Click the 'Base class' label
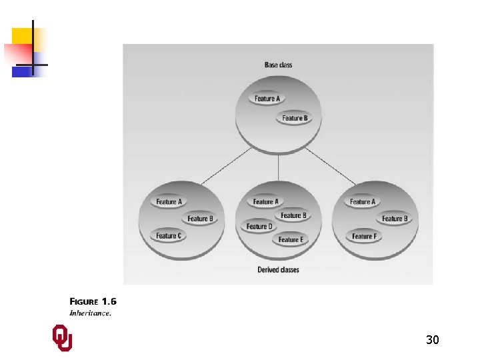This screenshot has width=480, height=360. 278,65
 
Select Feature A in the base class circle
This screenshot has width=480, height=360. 268,99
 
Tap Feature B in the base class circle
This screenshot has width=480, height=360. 295,118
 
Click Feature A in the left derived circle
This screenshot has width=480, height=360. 169,201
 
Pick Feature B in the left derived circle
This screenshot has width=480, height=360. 199,218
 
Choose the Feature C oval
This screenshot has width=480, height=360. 169,235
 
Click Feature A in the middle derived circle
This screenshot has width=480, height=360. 266,201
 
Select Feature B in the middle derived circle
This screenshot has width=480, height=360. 293,215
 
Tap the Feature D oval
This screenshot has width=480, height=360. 259,227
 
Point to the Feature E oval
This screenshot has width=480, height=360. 291,239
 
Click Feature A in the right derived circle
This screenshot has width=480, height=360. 363,201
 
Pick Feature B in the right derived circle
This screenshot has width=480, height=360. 394,218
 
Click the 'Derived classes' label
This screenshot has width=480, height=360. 278,270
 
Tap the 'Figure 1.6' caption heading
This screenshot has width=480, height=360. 93,301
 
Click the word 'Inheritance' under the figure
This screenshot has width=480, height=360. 90,313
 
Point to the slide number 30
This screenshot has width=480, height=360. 432,341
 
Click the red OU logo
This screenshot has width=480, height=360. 62,338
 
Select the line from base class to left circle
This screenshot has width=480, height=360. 225,166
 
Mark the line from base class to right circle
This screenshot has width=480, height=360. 331,166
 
